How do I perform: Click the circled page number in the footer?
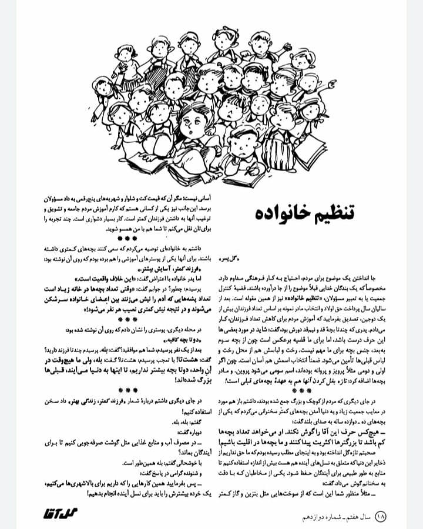pos(380,516)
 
